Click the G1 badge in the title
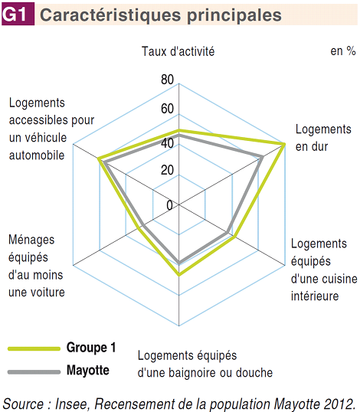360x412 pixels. (18, 14)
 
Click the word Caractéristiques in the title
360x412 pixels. (110, 15)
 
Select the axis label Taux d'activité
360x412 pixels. (178, 51)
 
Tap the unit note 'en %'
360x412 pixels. (343, 51)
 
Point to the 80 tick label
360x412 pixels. (168, 80)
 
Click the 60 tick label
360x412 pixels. (168, 109)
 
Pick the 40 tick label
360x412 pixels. (168, 143)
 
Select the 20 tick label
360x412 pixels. (168, 170)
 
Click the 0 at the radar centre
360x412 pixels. (170, 205)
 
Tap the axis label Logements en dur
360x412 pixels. (323, 138)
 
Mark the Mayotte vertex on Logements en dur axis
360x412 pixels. (262, 157)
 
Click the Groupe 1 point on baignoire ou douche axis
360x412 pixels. (179, 275)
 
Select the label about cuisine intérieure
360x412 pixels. (324, 270)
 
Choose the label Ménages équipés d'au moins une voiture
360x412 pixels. (37, 266)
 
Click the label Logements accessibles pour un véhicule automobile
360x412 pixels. (51, 129)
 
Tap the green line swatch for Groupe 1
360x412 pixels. (34, 348)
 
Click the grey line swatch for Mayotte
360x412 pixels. (34, 372)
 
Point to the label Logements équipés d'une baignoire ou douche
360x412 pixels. (205, 365)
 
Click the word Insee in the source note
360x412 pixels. (70, 404)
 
